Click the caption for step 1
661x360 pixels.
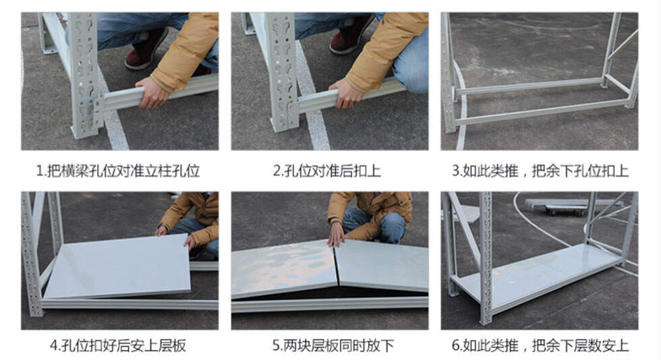(x=117, y=171)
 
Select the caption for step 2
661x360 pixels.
(x=327, y=171)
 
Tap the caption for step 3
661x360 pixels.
(x=540, y=171)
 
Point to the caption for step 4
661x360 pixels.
(x=117, y=346)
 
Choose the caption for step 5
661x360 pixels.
(x=333, y=346)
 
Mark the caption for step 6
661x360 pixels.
(x=540, y=346)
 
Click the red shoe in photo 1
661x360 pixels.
(x=146, y=50)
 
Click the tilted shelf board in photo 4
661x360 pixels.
(x=119, y=266)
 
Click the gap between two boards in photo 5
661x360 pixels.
(x=337, y=265)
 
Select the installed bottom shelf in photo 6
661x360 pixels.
(x=536, y=278)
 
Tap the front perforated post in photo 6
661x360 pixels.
(x=486, y=257)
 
